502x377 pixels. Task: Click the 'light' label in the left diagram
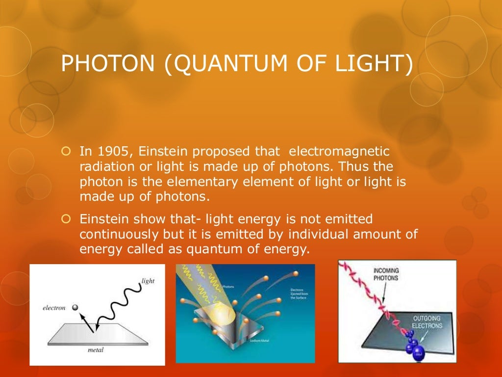point(148,281)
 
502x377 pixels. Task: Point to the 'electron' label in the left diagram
point(54,308)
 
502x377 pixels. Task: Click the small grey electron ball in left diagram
point(75,307)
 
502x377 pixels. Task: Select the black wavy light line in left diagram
point(120,301)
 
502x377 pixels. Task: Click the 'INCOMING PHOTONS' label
point(386,274)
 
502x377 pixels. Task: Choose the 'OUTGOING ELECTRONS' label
point(427,322)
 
